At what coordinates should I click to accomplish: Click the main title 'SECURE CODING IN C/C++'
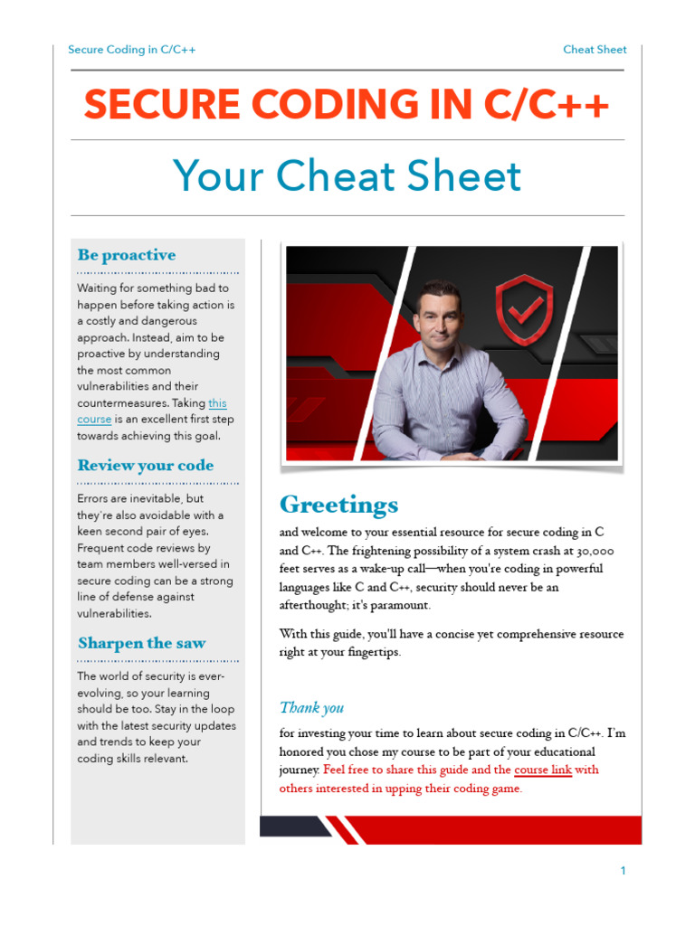(x=347, y=106)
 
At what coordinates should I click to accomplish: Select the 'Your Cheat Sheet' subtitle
(x=347, y=176)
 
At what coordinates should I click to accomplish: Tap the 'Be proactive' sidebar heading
(x=127, y=255)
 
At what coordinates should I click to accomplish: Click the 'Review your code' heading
(x=146, y=466)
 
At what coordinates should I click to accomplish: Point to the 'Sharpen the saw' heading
(x=141, y=644)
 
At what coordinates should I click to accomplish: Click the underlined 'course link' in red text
(x=543, y=770)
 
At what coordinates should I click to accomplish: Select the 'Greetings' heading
(x=338, y=504)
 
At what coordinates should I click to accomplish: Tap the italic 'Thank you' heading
(x=311, y=708)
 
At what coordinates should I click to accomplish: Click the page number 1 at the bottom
(x=623, y=871)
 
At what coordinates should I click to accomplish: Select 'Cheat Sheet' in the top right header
(x=595, y=50)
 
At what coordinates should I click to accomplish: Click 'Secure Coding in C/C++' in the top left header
(x=132, y=50)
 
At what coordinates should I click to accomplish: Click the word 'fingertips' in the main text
(x=367, y=652)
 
